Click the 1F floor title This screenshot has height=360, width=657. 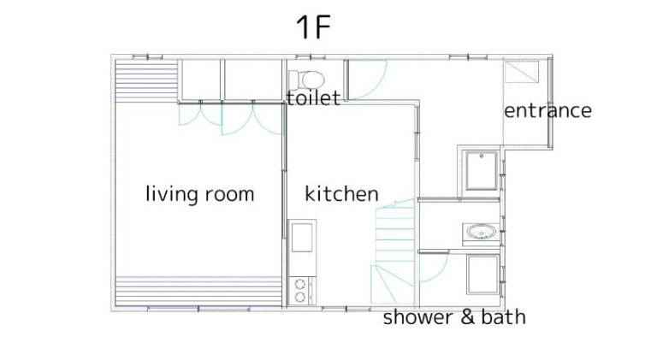(x=313, y=27)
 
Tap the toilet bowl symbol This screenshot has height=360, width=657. (x=313, y=80)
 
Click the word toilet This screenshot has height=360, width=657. (x=313, y=98)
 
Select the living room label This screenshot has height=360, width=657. (x=200, y=194)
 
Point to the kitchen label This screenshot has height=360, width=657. (x=341, y=194)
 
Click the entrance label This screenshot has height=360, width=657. (x=547, y=111)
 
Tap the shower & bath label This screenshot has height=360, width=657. (x=454, y=317)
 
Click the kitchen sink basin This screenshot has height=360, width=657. (x=302, y=238)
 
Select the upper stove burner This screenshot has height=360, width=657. (x=299, y=285)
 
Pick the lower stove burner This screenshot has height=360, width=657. (x=299, y=298)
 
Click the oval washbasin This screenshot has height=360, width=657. (x=481, y=232)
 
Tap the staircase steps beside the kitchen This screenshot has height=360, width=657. (x=394, y=251)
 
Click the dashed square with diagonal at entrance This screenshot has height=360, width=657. (x=521, y=72)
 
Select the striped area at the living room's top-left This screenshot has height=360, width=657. (x=146, y=80)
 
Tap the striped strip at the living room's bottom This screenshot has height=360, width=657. (x=198, y=291)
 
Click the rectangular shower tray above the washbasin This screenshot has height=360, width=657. (x=482, y=171)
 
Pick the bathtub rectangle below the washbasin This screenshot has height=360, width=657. (x=482, y=274)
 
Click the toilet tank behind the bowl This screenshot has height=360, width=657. (x=294, y=80)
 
